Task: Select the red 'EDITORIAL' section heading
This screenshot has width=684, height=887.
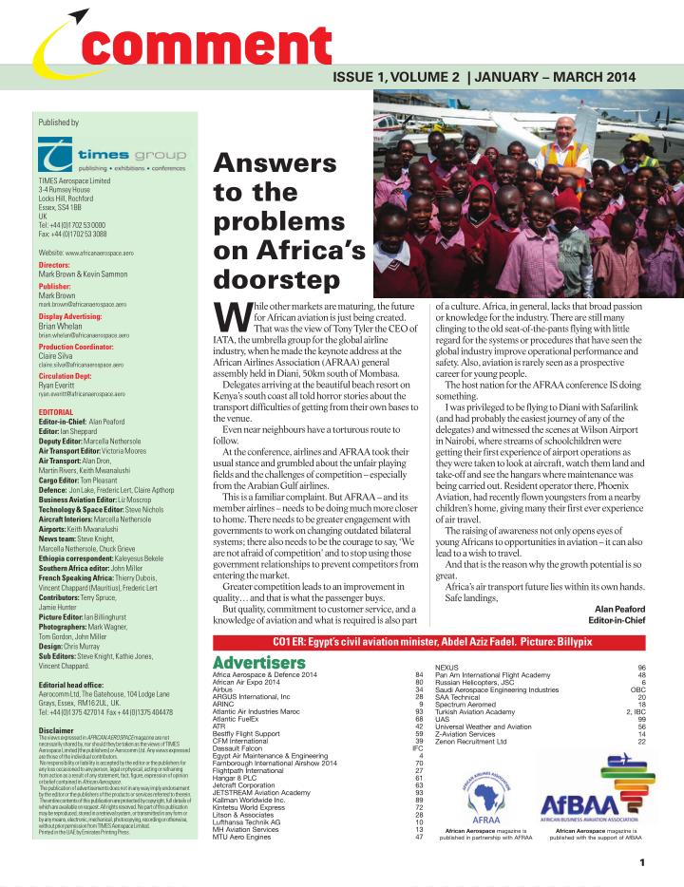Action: coord(57,410)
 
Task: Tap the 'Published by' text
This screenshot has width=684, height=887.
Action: coord(58,123)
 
